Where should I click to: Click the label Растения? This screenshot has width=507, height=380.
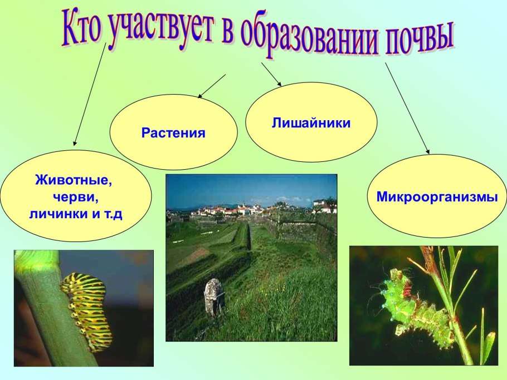(173, 133)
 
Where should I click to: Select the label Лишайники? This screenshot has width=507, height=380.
(311, 122)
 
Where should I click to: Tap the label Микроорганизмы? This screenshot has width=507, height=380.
(437, 196)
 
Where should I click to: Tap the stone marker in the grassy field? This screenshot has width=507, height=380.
(214, 297)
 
